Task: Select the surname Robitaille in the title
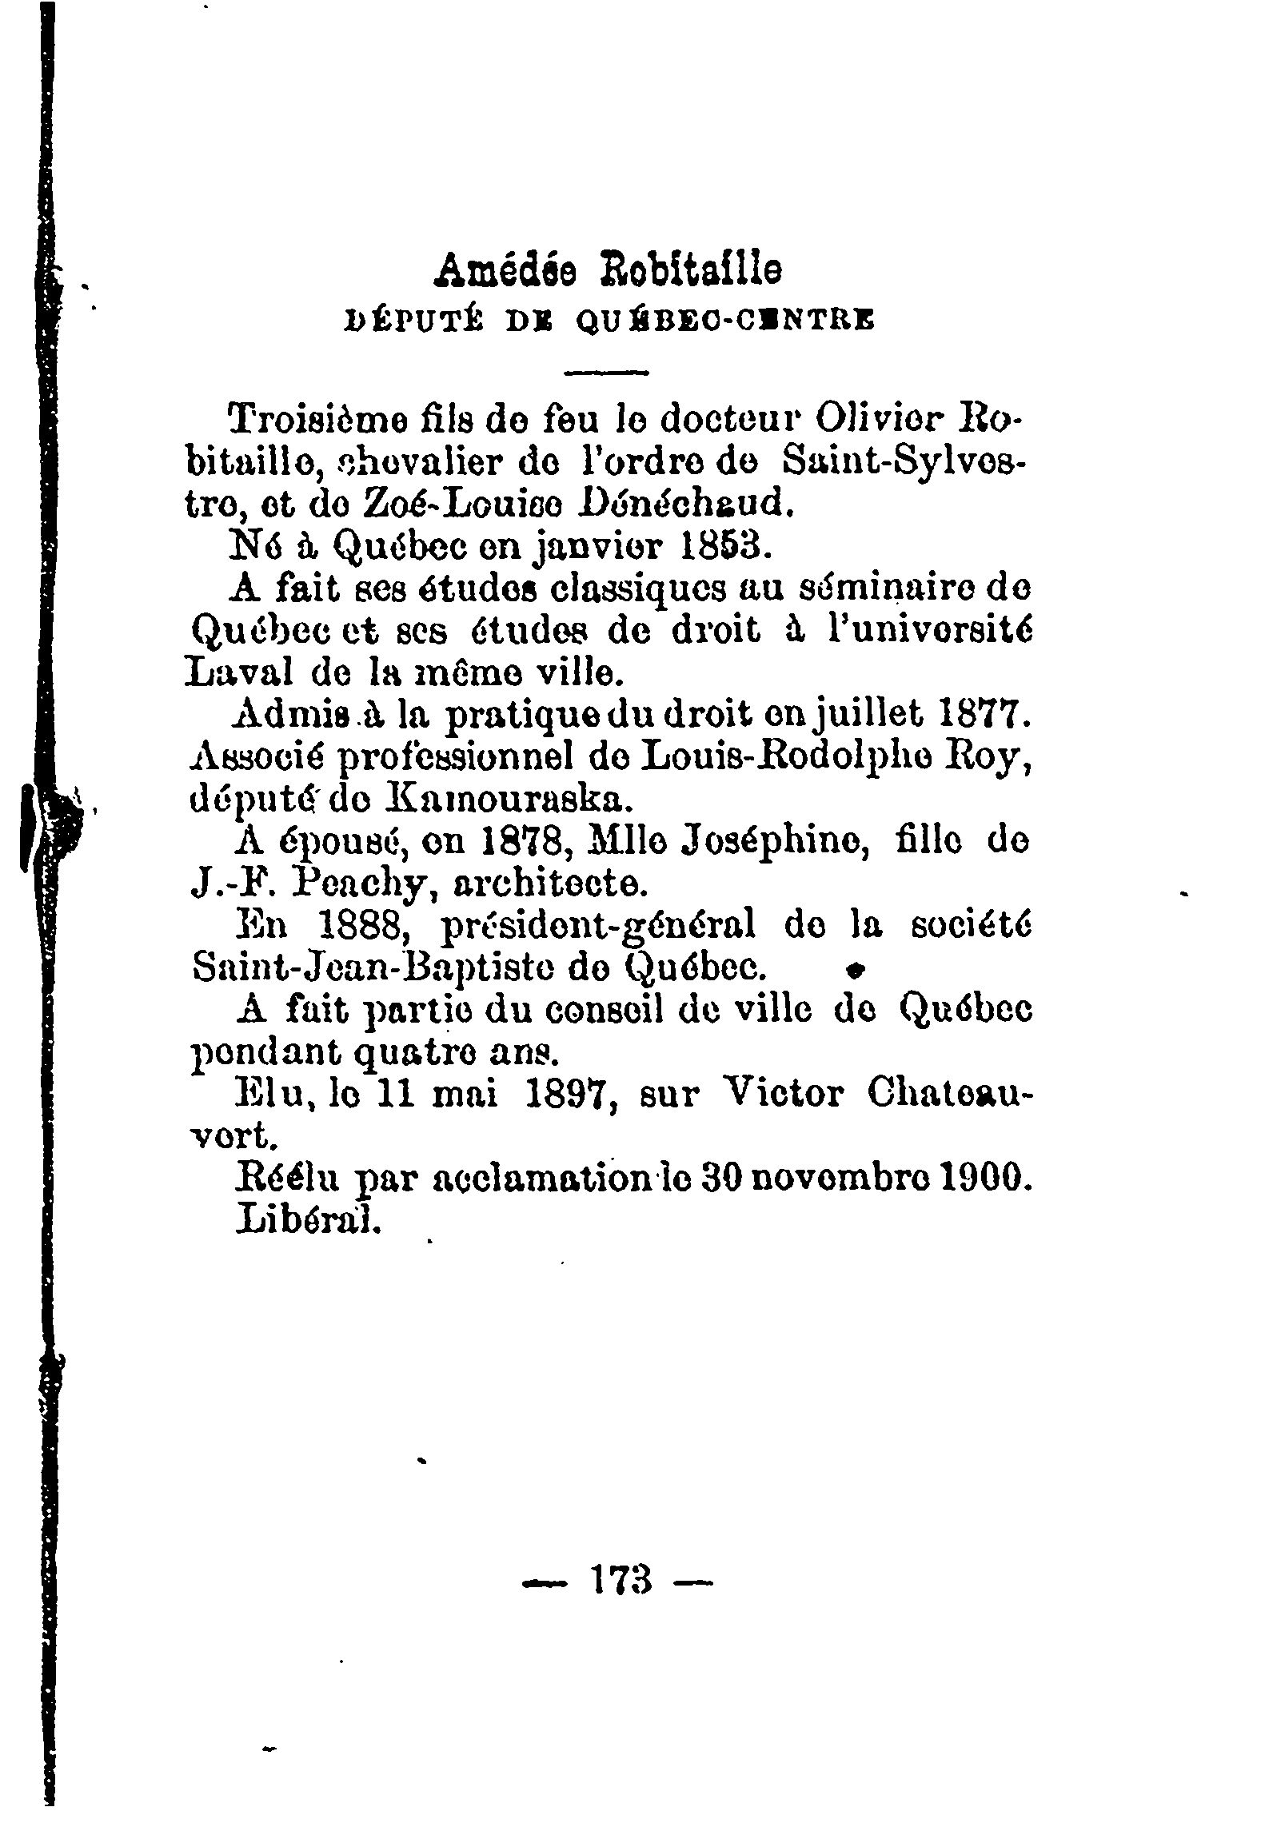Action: click(691, 272)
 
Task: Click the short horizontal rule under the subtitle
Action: click(607, 372)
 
